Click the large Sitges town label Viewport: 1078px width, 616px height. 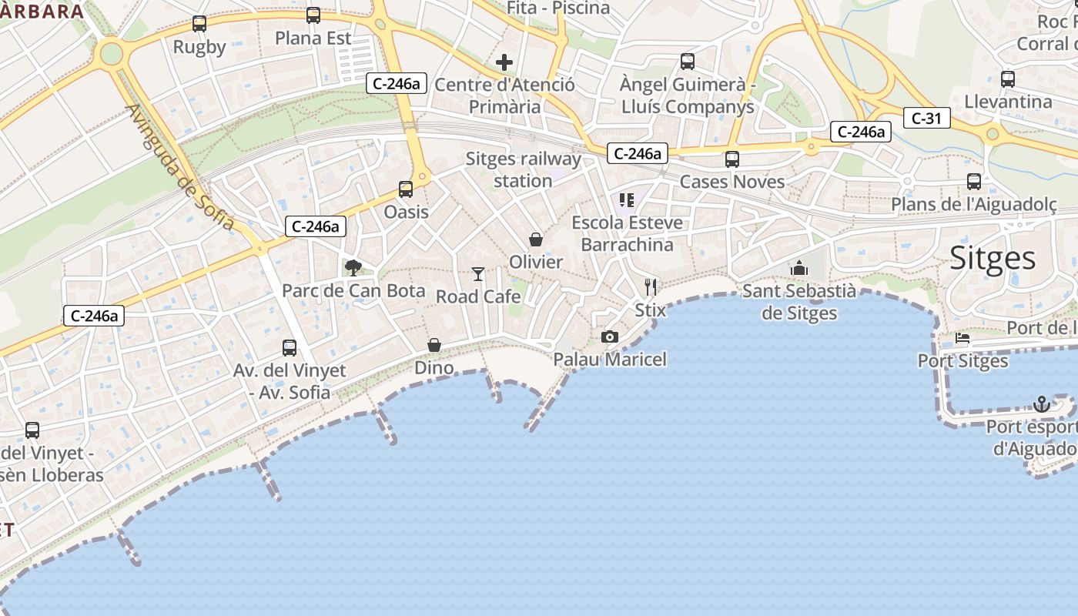[x=993, y=258]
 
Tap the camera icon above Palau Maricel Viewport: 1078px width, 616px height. [x=609, y=336]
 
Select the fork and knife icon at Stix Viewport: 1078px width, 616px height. [x=651, y=287]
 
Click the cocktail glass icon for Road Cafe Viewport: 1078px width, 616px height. [x=478, y=273]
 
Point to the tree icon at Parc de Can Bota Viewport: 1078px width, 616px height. [x=353, y=267]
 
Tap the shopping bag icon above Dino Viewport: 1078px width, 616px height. [x=434, y=344]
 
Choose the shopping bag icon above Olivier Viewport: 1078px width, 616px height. [x=536, y=239]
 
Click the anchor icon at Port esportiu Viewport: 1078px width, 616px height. [x=1041, y=403]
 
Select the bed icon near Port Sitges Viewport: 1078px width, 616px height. [x=962, y=337]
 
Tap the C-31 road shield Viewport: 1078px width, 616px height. [x=926, y=118]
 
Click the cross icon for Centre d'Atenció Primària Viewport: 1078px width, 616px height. [x=504, y=62]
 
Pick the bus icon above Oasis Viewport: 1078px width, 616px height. [x=406, y=189]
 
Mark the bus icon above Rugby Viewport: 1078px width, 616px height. [x=199, y=24]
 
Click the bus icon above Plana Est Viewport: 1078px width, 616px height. [x=313, y=15]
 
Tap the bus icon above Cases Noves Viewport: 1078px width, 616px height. [x=731, y=159]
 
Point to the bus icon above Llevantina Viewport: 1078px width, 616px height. [x=1007, y=79]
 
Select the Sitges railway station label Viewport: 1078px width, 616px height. [x=523, y=169]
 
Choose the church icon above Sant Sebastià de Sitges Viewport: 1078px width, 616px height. [x=798, y=268]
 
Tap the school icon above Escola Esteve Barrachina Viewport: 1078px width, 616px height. [x=626, y=200]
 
